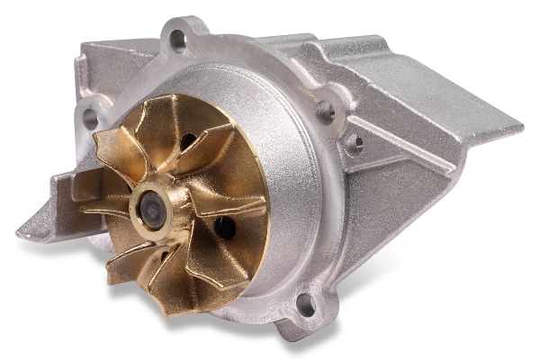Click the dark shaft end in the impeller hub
(x=152, y=211)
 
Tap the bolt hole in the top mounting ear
(x=178, y=39)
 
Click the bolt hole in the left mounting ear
(x=90, y=115)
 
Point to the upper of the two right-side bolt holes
(x=326, y=112)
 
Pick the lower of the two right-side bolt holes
(x=355, y=142)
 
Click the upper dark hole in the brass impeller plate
(x=188, y=141)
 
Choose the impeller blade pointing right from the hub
(x=229, y=203)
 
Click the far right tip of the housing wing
(x=517, y=126)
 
